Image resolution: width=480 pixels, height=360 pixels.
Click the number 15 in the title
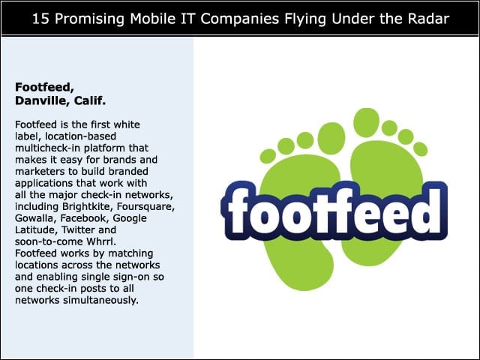pos(40,19)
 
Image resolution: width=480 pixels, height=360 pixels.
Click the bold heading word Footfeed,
pos(45,88)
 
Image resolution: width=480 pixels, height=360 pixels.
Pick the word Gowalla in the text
pos(35,218)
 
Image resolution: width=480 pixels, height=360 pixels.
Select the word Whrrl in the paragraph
pos(101,241)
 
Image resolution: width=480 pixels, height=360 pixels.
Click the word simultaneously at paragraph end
pos(100,300)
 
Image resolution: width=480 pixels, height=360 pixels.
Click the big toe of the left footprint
pos(331,138)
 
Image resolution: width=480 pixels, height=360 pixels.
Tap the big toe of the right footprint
pos(366,122)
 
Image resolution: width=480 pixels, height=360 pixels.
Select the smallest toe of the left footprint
pos(268,156)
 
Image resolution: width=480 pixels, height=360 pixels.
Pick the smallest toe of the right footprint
pos(420,149)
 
